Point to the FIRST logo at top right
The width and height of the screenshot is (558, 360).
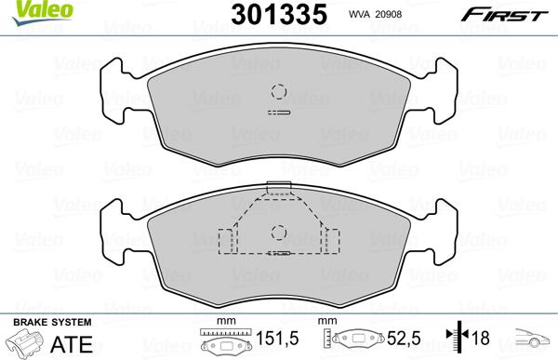coord(514,14)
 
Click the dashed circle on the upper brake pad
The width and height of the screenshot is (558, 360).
coord(277,91)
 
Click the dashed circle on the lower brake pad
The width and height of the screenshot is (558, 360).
coord(277,233)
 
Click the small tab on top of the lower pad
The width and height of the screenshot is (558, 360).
coord(277,188)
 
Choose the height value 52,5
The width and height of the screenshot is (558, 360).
coord(398,340)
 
